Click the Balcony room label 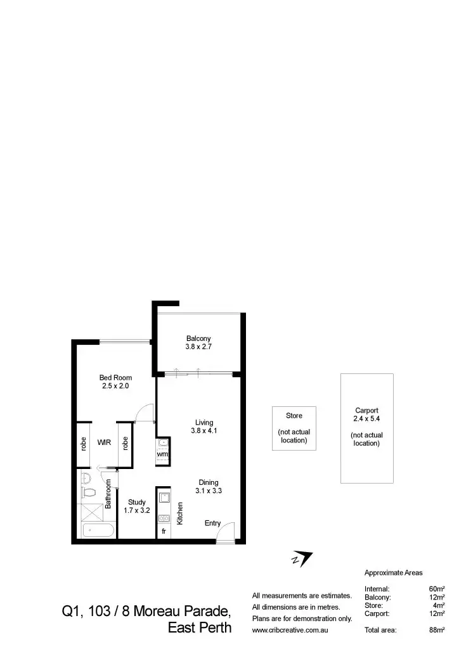point(198,338)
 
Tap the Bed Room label point(115,378)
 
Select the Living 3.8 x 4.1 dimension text point(204,431)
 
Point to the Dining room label point(209,482)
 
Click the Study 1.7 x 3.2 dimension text point(136,510)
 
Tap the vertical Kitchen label point(180,513)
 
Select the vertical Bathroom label point(108,494)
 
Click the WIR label point(105,443)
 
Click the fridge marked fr point(164,531)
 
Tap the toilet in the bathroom point(89,492)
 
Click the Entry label point(212,524)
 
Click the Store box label point(294,416)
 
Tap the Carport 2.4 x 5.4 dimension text point(366,420)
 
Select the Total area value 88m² point(437,630)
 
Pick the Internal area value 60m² point(437,589)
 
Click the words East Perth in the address point(200,629)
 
